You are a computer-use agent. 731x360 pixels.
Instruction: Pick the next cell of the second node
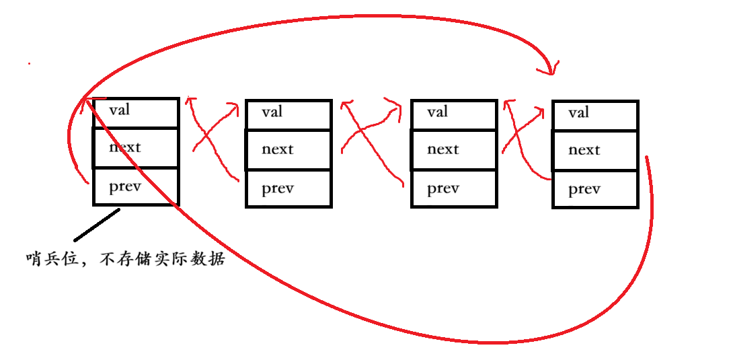click(x=288, y=150)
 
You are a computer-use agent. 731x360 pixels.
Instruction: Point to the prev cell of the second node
click(x=288, y=188)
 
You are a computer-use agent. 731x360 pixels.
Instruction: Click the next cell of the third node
click(x=453, y=150)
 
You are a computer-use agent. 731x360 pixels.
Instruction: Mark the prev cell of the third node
click(x=453, y=188)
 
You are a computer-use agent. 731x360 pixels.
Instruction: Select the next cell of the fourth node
click(x=594, y=151)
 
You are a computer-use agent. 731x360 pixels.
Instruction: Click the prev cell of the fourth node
click(x=594, y=189)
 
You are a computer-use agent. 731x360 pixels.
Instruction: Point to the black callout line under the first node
click(x=97, y=225)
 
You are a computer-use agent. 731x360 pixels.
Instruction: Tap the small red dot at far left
click(x=28, y=64)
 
